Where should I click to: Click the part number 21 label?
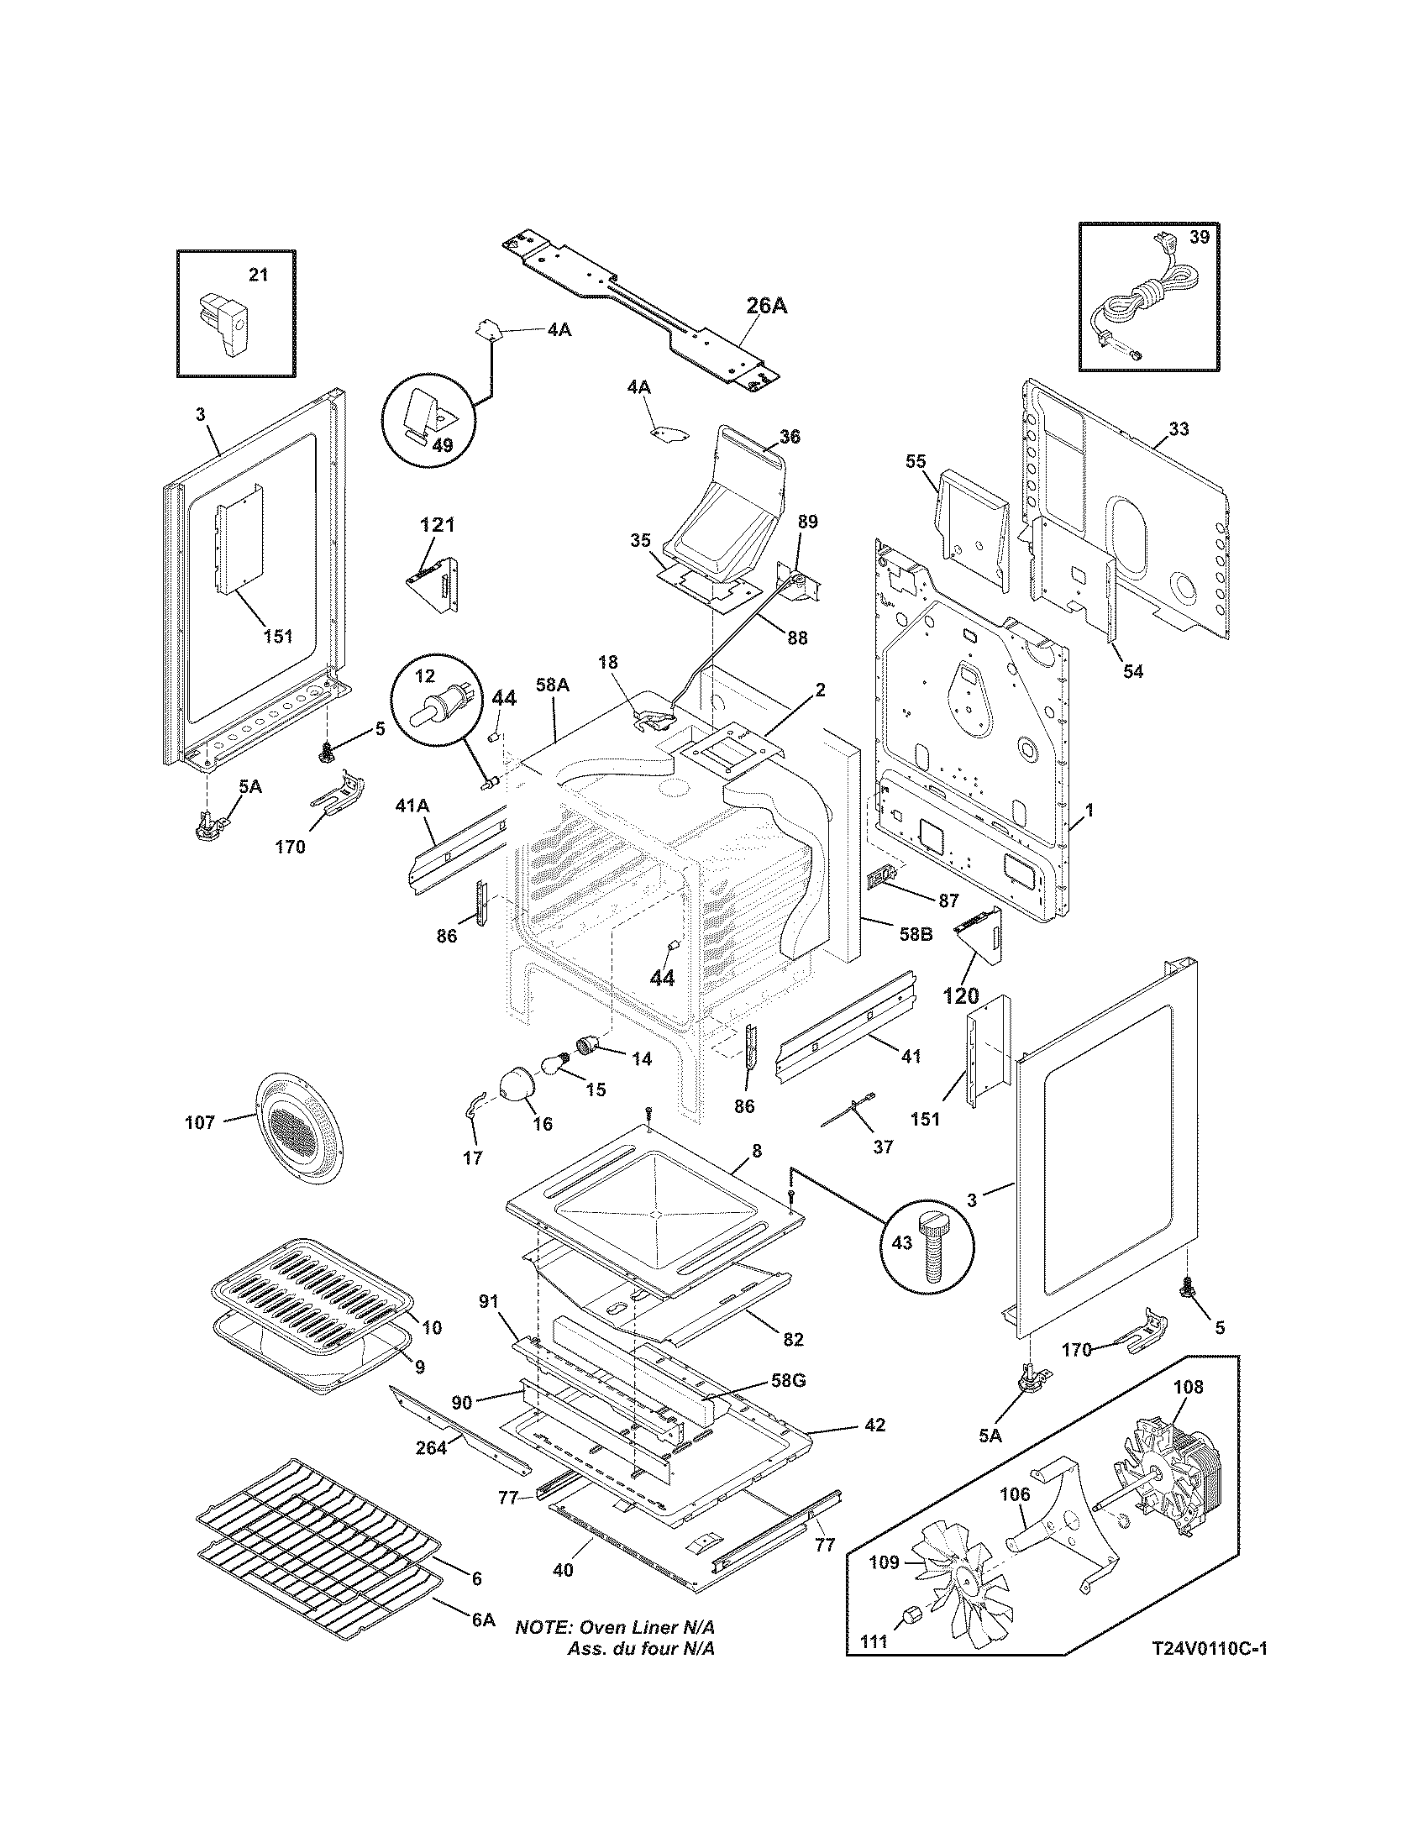tap(257, 275)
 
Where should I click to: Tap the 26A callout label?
tap(766, 306)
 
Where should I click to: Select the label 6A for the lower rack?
tap(483, 1643)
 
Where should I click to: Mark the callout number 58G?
tap(787, 1380)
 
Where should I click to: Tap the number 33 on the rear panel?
tap(1178, 429)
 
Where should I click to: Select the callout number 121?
tap(437, 525)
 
